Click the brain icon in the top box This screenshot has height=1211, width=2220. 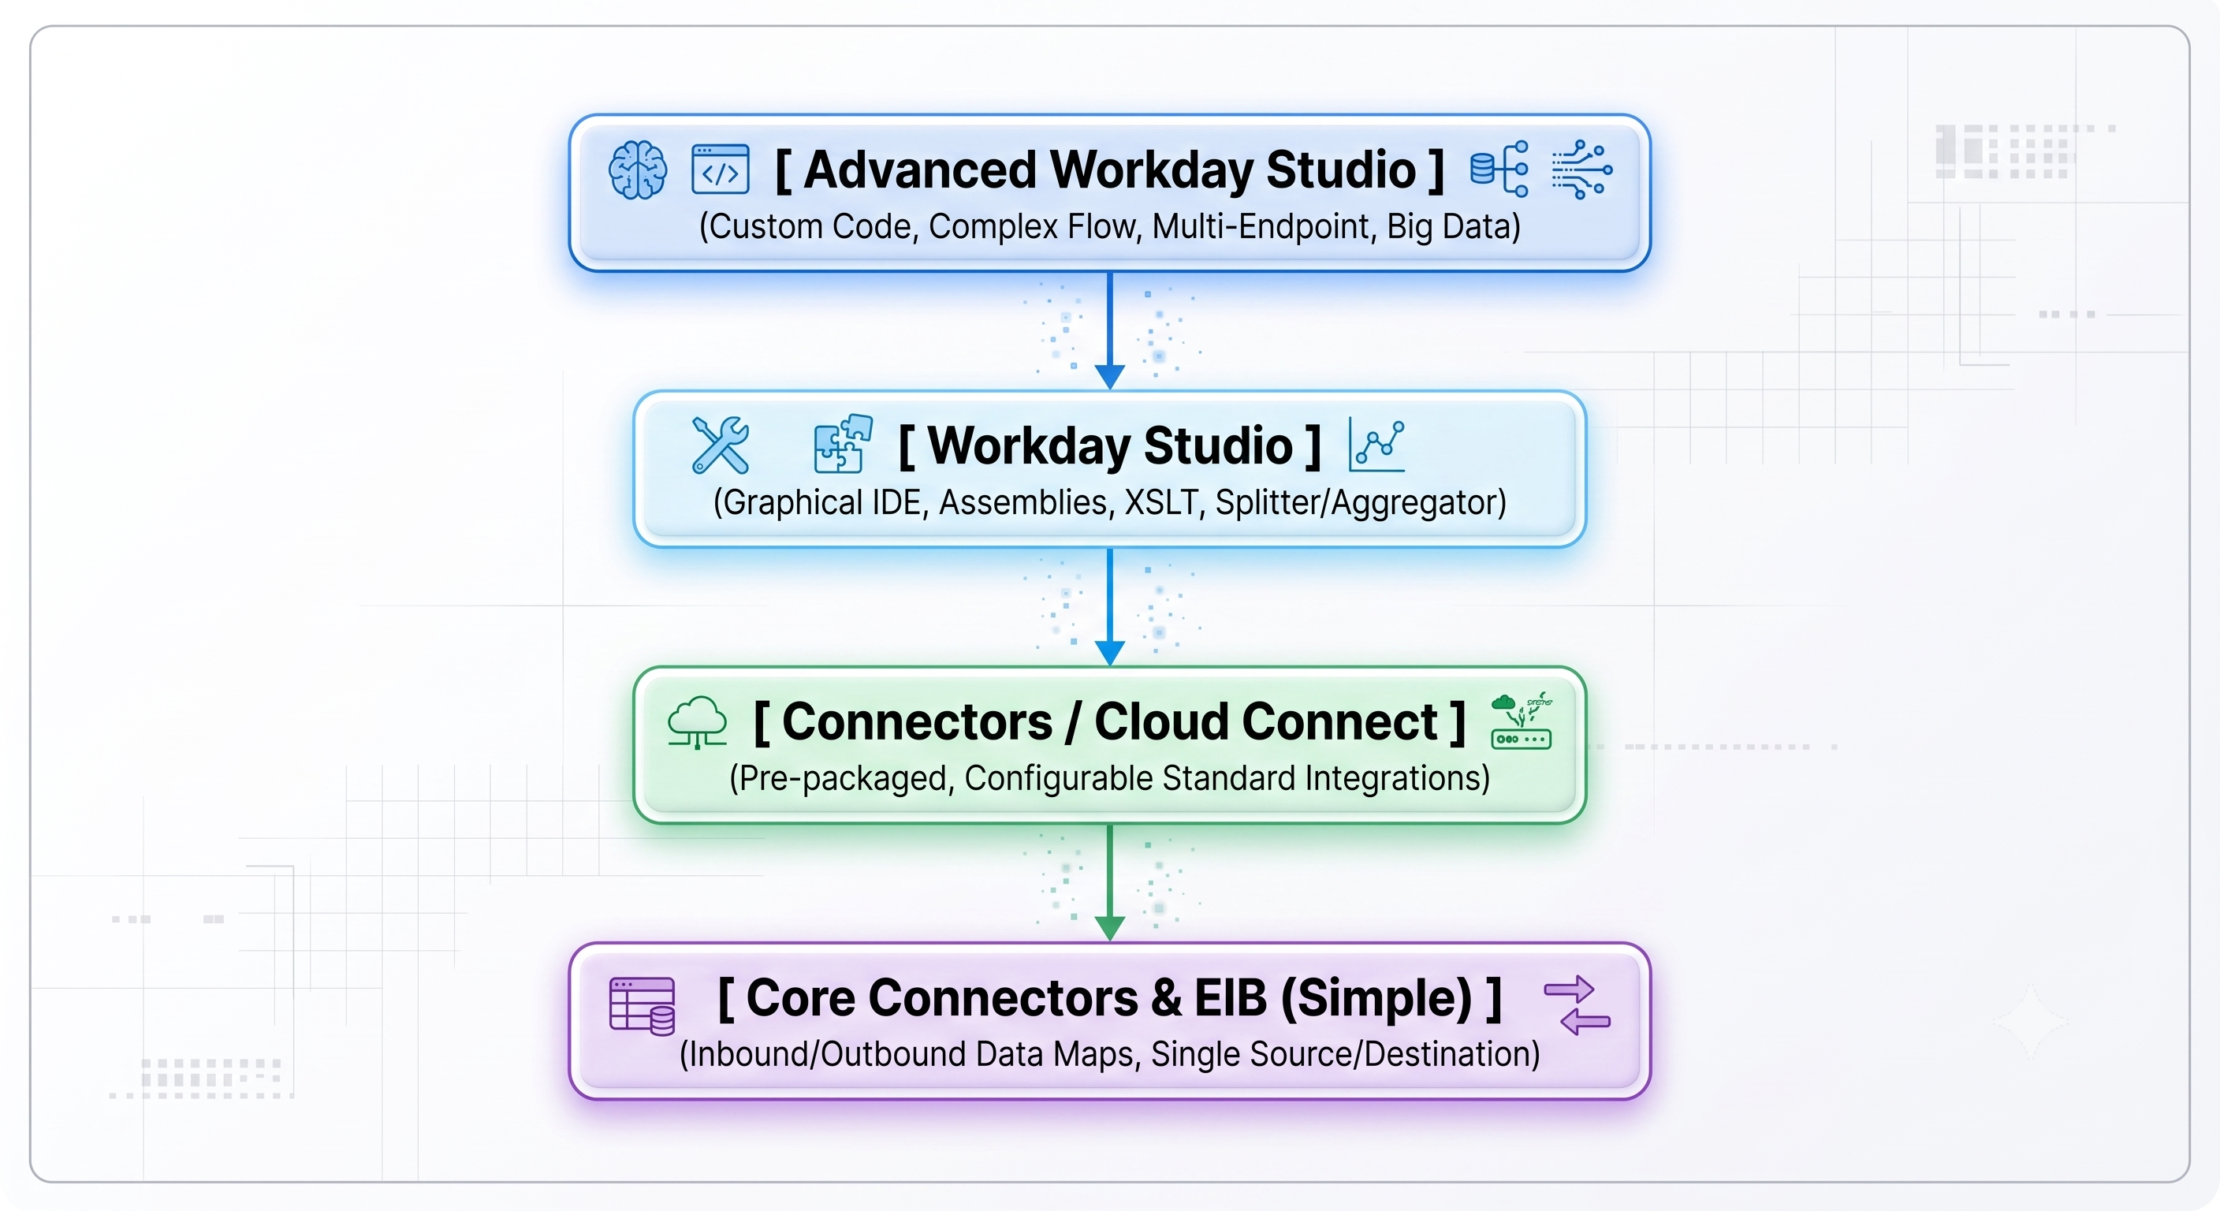point(638,170)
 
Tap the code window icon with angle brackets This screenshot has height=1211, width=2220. point(721,170)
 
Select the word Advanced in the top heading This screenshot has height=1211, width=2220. point(919,170)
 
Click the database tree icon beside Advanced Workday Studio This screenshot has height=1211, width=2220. point(1499,169)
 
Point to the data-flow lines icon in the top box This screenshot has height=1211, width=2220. point(1582,170)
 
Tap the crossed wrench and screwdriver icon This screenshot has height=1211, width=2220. point(721,445)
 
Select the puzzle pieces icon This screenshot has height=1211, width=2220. point(844,444)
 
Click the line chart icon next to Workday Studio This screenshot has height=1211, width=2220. point(1377,445)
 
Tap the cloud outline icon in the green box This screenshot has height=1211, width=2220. point(697,722)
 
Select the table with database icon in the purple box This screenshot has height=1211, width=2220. point(642,1005)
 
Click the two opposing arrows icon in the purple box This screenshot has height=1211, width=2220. point(1577,1005)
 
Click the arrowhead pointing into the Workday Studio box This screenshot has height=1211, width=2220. point(1110,378)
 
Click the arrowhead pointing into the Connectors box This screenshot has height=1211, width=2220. point(1110,654)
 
